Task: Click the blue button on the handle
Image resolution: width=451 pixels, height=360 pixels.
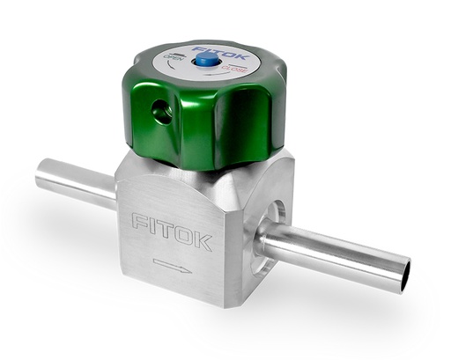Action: pyautogui.click(x=206, y=59)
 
